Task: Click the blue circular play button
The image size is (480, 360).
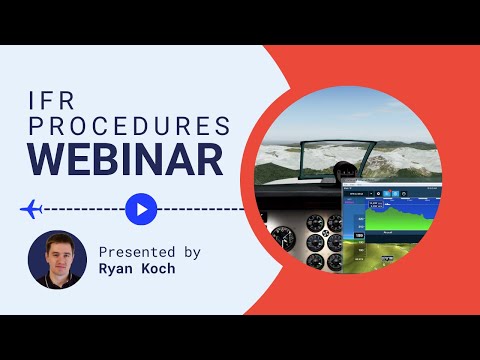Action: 141,209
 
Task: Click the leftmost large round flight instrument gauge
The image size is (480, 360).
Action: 285,238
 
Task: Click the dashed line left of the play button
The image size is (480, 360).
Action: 85,209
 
